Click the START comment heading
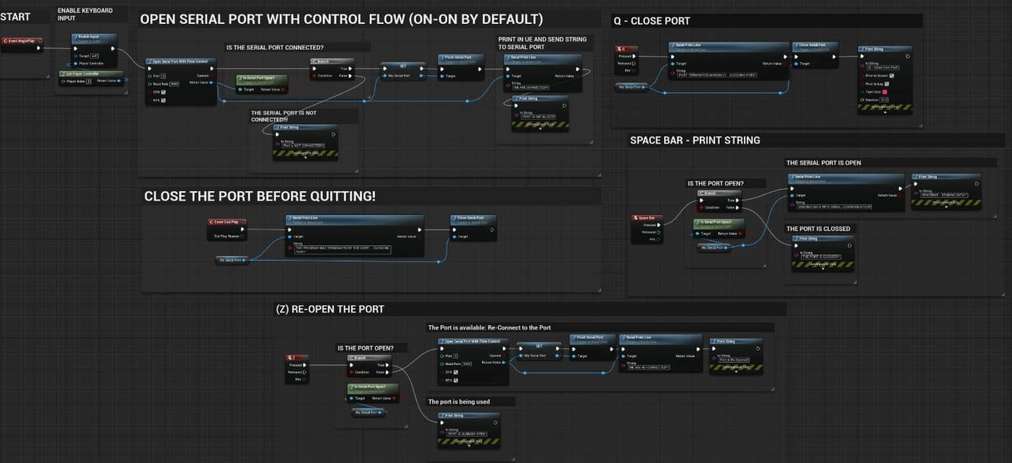pos(15,17)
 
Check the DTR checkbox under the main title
pos(163,92)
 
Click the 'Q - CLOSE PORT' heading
pos(652,21)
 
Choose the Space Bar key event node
pos(646,218)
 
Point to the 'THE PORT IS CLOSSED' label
pos(818,228)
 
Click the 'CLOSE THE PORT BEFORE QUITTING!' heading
pos(259,196)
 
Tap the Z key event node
pos(297,358)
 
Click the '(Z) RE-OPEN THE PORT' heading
pos(329,309)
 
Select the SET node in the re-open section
pos(538,346)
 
